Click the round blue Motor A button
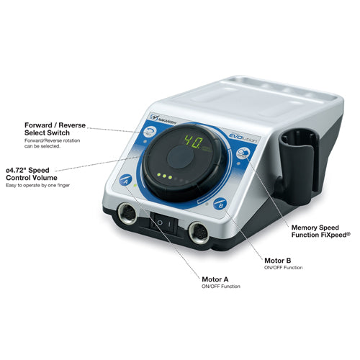(125, 180)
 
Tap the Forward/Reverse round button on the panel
(150, 132)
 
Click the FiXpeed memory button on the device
(243, 153)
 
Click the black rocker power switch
(164, 224)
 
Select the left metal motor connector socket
(127, 213)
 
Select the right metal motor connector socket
(199, 233)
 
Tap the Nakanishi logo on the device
(163, 119)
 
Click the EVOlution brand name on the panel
(243, 138)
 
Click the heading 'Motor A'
(215, 279)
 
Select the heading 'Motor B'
(277, 261)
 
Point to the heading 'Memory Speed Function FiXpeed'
(321, 231)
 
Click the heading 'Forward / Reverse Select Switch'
(55, 129)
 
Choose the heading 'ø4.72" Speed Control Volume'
(32, 174)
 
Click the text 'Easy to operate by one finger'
(38, 185)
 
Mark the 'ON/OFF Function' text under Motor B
(283, 267)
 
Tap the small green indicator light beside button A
(135, 186)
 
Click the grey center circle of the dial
(180, 157)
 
